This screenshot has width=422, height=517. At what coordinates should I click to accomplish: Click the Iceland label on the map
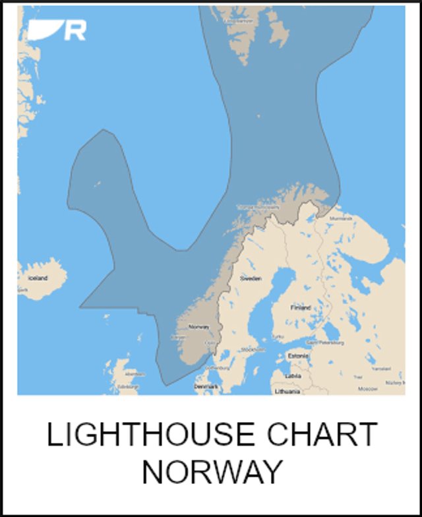(x=38, y=278)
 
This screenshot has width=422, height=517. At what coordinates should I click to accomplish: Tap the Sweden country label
(x=251, y=279)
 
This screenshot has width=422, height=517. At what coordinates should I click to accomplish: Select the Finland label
(x=301, y=307)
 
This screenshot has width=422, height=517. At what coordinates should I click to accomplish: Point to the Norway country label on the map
(x=198, y=326)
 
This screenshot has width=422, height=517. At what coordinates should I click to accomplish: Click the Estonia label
(x=297, y=356)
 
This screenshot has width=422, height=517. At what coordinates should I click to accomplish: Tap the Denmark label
(x=206, y=386)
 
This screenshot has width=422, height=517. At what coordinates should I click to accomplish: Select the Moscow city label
(x=367, y=389)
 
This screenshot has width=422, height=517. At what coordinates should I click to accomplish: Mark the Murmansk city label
(x=341, y=218)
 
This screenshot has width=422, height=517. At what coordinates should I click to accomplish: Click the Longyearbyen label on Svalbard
(x=238, y=21)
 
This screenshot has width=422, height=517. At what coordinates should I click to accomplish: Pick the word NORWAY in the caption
(x=211, y=471)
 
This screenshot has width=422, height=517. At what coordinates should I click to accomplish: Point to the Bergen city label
(x=178, y=337)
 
